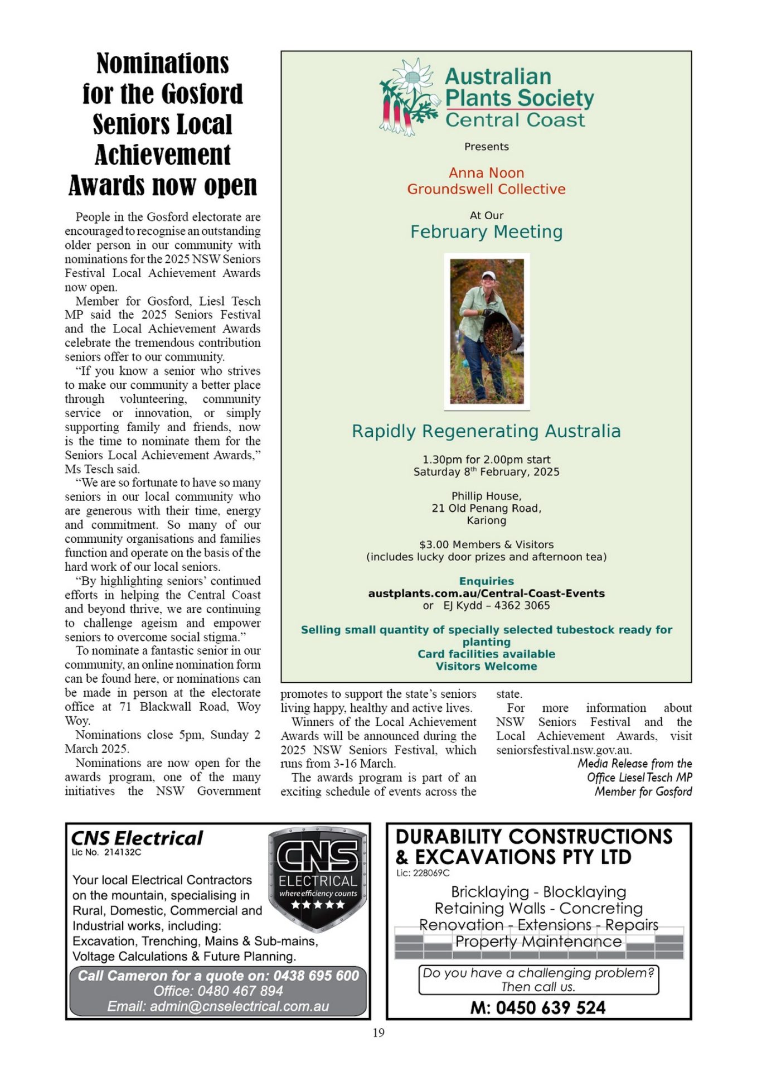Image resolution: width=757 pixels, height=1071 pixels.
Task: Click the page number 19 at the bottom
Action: [x=378, y=1033]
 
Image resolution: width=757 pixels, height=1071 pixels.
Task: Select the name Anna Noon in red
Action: [x=486, y=173]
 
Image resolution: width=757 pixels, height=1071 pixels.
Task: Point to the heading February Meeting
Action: [x=486, y=231]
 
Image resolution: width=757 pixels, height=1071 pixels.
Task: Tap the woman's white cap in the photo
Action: [x=489, y=275]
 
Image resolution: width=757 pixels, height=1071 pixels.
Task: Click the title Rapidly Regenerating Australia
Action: [x=486, y=431]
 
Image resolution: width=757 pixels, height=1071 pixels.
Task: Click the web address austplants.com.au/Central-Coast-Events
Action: [x=486, y=594]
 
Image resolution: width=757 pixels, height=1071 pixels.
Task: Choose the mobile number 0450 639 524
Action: [x=550, y=1007]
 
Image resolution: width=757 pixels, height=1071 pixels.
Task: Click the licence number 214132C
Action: [x=123, y=852]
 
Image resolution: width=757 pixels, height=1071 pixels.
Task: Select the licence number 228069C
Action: [x=431, y=873]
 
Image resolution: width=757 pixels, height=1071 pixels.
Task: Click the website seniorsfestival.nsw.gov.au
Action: [x=564, y=750]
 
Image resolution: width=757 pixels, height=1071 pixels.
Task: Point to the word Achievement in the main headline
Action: [x=162, y=155]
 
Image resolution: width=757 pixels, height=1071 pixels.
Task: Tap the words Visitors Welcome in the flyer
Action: [x=486, y=666]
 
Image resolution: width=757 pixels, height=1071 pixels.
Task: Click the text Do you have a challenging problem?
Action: [x=538, y=973]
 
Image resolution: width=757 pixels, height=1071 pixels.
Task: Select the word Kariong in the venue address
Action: [x=486, y=520]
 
